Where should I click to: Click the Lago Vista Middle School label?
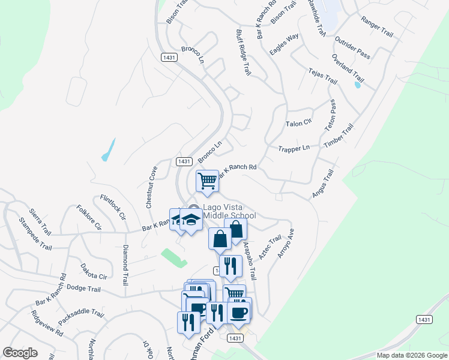229,211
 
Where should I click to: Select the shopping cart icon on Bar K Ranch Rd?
207,181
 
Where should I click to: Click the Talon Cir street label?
299,122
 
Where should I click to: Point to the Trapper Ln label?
294,148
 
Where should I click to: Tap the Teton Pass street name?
330,116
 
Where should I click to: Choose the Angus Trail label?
322,184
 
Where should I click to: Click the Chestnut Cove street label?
151,187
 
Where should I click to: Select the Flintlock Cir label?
113,207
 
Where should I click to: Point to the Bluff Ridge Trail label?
243,52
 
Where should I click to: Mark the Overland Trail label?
348,68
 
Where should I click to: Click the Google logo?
20,353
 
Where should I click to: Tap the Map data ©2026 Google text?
411,355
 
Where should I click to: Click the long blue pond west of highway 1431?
108,149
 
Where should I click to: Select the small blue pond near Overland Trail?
358,85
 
